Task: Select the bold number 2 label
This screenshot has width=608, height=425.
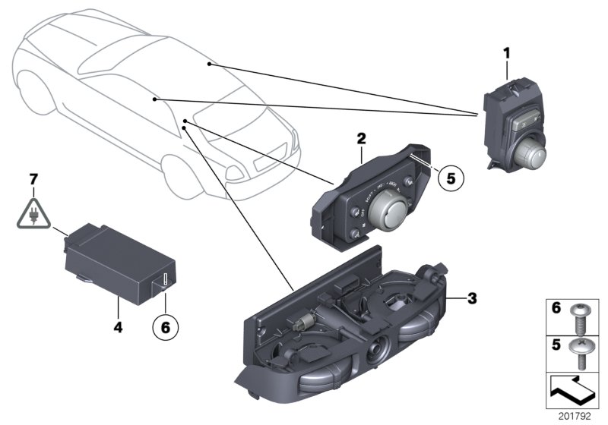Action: [362, 139]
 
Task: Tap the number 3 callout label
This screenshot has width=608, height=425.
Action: [471, 298]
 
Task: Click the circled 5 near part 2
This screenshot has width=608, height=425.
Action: [449, 178]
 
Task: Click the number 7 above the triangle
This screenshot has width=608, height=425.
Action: [33, 178]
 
